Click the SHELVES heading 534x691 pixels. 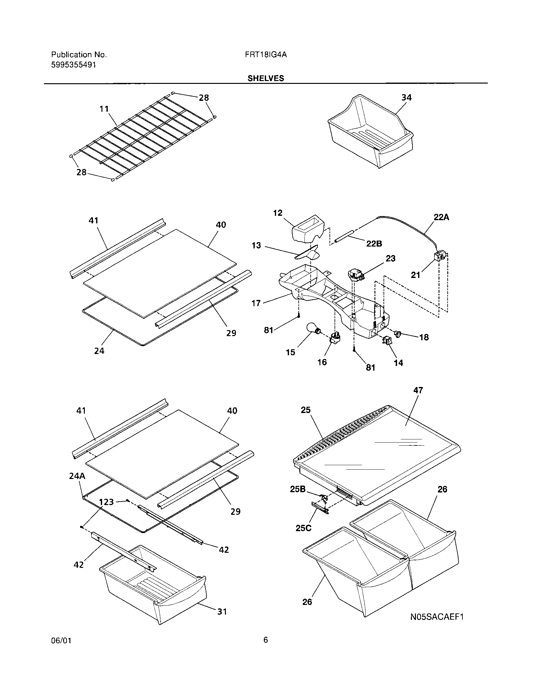tap(266, 79)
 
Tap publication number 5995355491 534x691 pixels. tap(74, 65)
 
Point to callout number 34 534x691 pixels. tap(406, 98)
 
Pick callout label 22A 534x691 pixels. tap(441, 217)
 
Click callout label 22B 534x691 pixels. tap(374, 244)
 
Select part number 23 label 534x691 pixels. tap(390, 258)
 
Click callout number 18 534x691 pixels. tap(424, 337)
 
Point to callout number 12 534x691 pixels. tap(278, 213)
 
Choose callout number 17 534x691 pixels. tap(256, 303)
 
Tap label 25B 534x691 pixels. tap(298, 489)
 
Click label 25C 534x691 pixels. tap(304, 528)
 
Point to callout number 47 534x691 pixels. tap(418, 390)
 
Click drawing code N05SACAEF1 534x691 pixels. tap(437, 617)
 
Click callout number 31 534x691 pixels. tap(222, 612)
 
